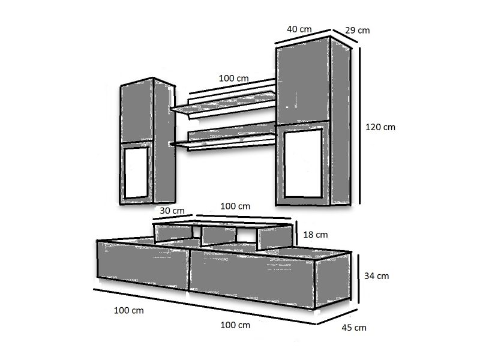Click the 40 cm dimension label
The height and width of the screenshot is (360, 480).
click(x=299, y=29)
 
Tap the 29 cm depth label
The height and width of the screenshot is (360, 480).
click(x=357, y=31)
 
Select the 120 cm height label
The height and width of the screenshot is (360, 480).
click(x=380, y=127)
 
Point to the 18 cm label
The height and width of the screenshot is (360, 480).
click(x=316, y=235)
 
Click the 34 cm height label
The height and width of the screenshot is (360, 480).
click(x=377, y=276)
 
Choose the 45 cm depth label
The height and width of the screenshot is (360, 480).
click(x=354, y=328)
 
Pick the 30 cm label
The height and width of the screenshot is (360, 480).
click(x=172, y=211)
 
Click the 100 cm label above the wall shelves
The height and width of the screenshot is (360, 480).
click(x=233, y=79)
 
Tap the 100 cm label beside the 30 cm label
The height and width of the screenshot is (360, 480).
click(x=235, y=206)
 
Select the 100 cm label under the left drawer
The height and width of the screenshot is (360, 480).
click(x=128, y=310)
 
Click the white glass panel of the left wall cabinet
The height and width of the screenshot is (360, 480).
click(x=136, y=173)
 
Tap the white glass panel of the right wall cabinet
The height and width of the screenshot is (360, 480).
click(x=303, y=164)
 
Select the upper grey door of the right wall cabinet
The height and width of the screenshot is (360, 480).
click(x=303, y=84)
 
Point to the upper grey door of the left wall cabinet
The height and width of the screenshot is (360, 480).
click(x=137, y=111)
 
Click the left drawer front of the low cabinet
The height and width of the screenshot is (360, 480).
click(x=143, y=264)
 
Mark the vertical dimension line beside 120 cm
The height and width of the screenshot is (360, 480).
click(x=359, y=125)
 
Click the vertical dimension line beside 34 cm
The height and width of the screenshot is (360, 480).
click(x=358, y=278)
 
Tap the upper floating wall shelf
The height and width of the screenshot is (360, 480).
click(x=223, y=104)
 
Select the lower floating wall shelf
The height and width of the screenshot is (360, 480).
click(x=223, y=140)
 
